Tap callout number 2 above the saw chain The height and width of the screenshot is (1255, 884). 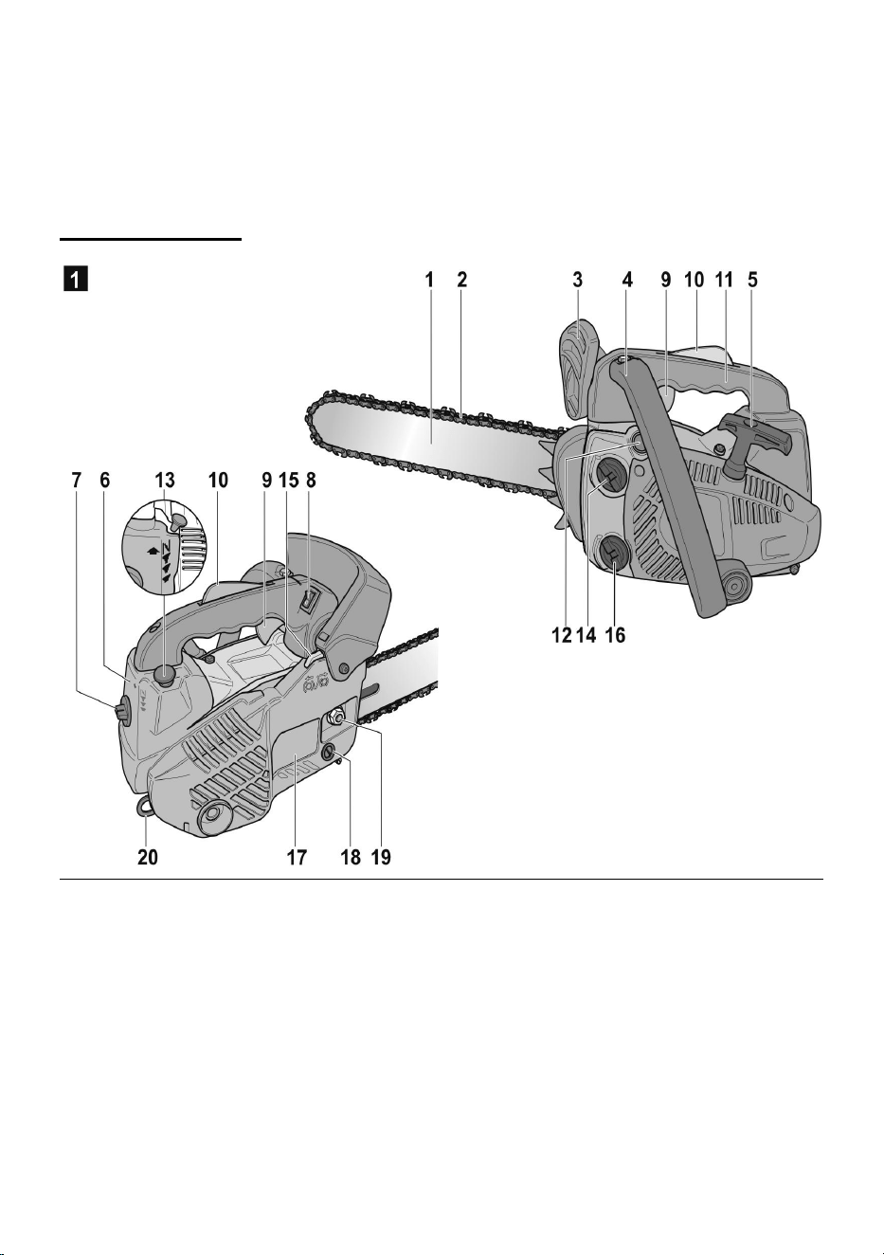click(461, 280)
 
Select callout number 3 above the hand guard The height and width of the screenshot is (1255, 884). click(578, 280)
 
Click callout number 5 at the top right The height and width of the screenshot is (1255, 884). click(752, 280)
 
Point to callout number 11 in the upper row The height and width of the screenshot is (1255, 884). click(724, 280)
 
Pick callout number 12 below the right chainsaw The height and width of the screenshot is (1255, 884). click(562, 635)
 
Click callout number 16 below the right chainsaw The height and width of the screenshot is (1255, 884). click(615, 635)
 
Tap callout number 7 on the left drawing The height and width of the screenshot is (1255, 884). click(76, 481)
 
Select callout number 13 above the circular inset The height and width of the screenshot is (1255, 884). click(164, 481)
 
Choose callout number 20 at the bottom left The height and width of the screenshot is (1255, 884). click(148, 857)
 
